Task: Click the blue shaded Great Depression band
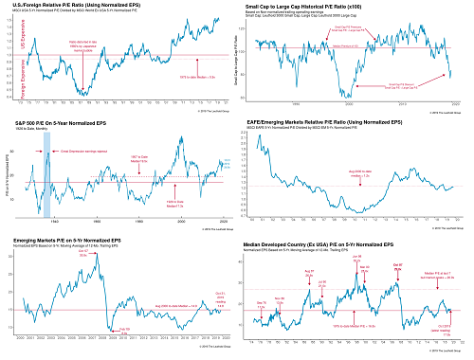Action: click(x=46, y=174)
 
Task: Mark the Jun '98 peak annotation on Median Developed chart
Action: click(x=357, y=257)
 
